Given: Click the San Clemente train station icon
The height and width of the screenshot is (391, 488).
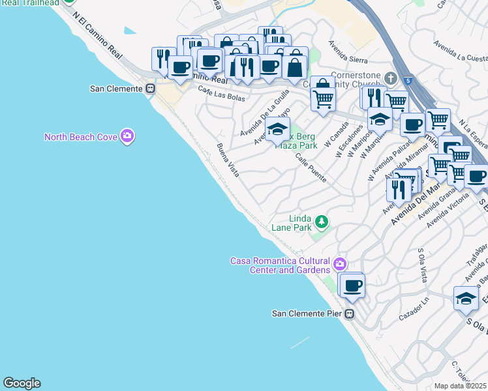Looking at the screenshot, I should tap(151, 89).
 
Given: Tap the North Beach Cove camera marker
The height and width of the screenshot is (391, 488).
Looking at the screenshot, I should tap(127, 136).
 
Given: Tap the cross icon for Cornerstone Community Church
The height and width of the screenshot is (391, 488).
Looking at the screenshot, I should tap(391, 78).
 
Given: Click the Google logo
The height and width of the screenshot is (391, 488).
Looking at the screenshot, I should tap(22, 383).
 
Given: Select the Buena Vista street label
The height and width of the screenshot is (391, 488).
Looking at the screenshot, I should tap(228, 160).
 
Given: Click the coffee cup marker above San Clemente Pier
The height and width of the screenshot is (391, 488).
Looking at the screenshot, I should tap(353, 285).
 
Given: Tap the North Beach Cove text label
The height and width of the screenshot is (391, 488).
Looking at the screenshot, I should tap(81, 137).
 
